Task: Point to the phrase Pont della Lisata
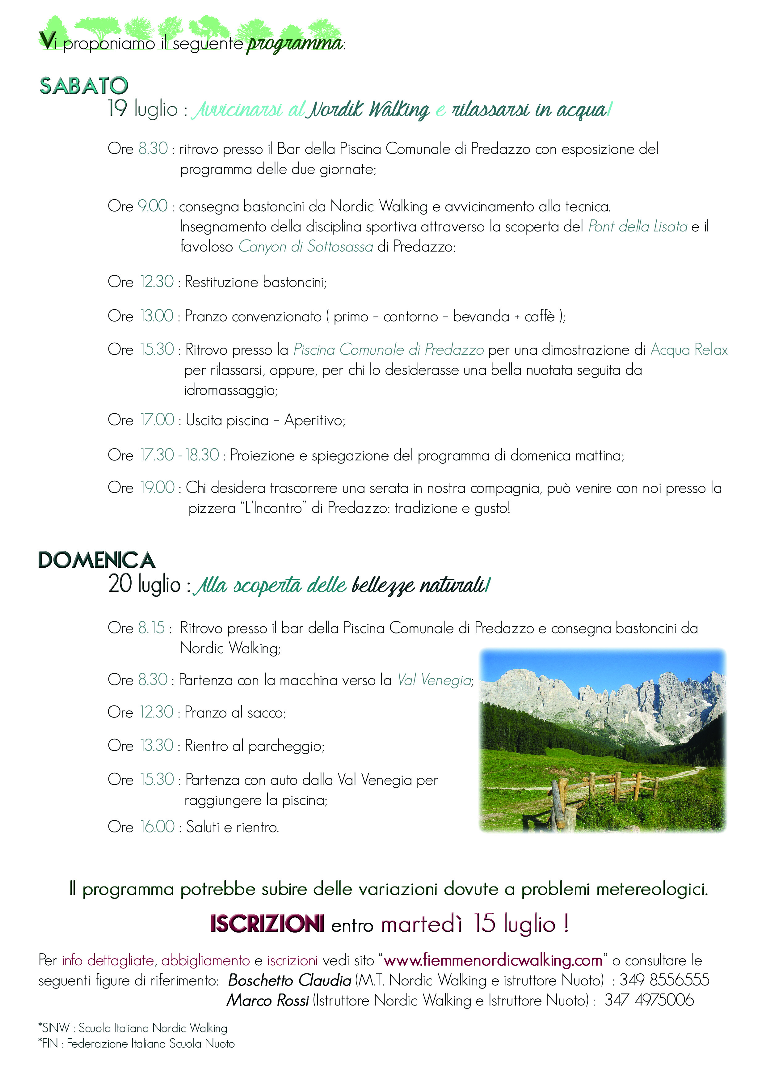pos(638,227)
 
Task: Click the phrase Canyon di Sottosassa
pos(305,247)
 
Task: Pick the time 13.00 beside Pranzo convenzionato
pos(157,316)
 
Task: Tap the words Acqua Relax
pos(689,350)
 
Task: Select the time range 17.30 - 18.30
pos(179,455)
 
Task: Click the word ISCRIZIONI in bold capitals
pos(267,924)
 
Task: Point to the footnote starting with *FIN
pos(137,1044)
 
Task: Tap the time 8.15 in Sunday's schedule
pos(151,628)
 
